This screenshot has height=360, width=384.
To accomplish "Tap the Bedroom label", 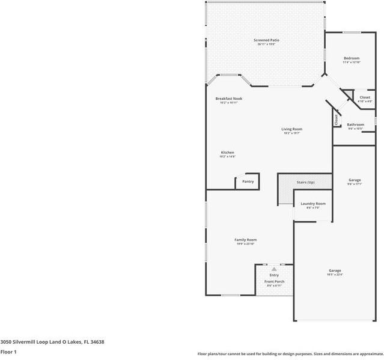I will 351,58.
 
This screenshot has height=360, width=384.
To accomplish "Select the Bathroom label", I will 355,125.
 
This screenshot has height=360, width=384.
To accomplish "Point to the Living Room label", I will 292,129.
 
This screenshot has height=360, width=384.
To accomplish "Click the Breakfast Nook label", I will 228,99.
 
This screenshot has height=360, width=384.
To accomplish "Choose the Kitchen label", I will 227,153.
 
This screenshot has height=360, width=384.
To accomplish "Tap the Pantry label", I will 248,182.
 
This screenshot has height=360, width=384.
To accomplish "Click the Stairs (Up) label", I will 306,182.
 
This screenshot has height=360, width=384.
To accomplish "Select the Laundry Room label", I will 313,204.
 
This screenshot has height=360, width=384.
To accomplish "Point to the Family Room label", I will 245,240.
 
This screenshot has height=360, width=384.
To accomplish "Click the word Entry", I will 274,275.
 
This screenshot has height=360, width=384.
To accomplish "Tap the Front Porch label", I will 275,282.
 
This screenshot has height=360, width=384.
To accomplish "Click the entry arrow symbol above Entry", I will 274,269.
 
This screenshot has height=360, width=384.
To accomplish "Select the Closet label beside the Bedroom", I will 365,97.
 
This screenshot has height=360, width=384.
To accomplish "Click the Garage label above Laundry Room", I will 355,180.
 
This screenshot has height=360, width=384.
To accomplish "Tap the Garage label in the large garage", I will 335,270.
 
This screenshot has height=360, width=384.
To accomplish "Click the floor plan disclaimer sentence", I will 290,354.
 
